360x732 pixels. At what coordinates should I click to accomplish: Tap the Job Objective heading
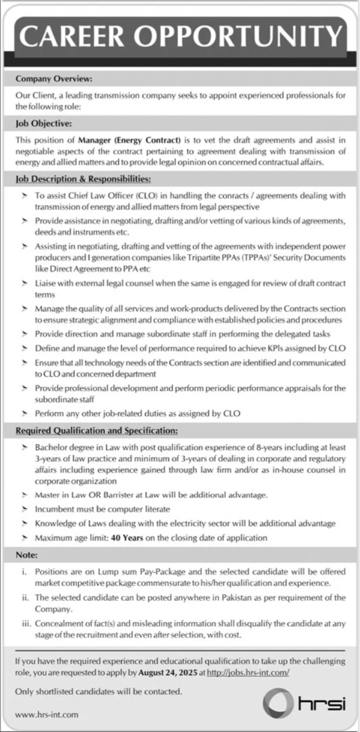tap(43, 123)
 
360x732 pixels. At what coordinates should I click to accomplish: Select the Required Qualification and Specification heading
tap(97, 431)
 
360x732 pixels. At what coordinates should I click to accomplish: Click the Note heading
tap(27, 555)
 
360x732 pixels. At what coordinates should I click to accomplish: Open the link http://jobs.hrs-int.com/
tap(248, 672)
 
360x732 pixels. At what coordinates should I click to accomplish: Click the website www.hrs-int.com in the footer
tap(47, 715)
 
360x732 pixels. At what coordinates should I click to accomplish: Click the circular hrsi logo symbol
tap(279, 703)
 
